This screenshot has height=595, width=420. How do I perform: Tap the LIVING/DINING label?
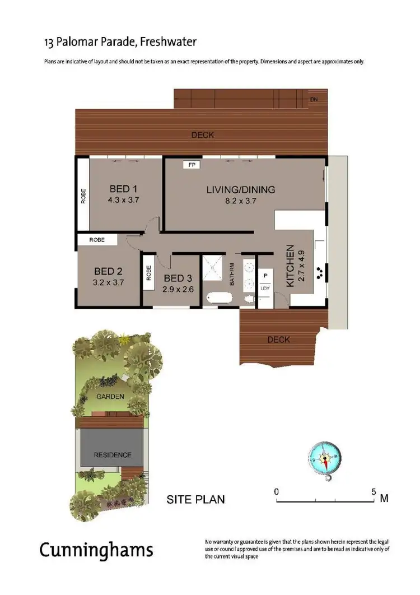point(241,190)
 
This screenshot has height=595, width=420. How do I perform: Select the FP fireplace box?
point(192,165)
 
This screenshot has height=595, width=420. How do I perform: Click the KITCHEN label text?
point(290,266)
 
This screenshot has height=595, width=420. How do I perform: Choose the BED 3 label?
point(177,278)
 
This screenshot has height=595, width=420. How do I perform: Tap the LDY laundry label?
point(265,288)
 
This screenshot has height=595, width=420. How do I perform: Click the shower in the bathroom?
point(213,267)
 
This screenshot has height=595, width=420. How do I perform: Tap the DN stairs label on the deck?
point(314,100)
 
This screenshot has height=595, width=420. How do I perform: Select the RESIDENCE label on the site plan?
point(112,455)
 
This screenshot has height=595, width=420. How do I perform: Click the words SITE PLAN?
point(195,499)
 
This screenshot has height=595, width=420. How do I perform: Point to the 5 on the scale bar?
point(374,491)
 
